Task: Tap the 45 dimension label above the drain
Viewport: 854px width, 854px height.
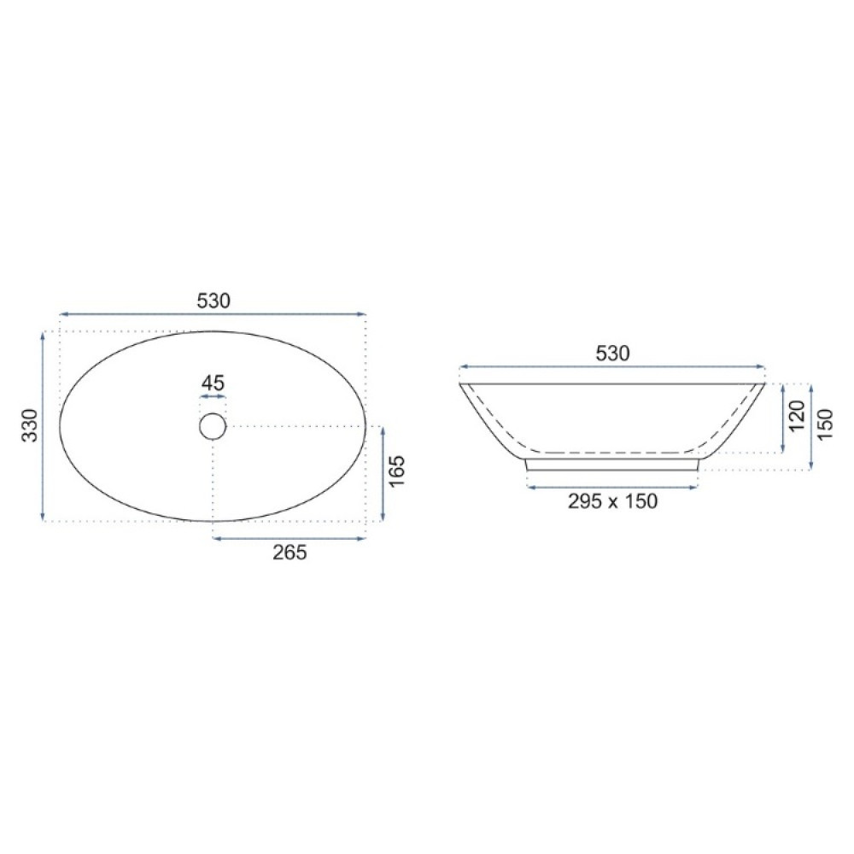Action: (x=213, y=383)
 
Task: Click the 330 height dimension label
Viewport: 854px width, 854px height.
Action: (x=30, y=425)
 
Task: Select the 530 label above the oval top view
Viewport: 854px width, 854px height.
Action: (x=213, y=300)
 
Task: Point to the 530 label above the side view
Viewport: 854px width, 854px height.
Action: (x=612, y=354)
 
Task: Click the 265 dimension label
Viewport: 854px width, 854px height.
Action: (x=290, y=553)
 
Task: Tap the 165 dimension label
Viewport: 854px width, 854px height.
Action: (x=397, y=471)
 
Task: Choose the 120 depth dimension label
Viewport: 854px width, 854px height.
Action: (x=796, y=416)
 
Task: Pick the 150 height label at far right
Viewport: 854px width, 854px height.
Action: (x=825, y=424)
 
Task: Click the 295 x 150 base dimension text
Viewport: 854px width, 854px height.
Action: (x=612, y=501)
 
